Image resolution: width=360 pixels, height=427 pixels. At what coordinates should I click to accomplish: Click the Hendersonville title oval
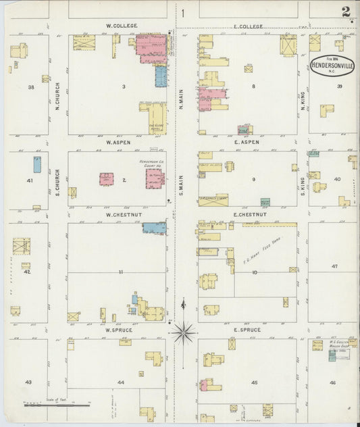pos(331,66)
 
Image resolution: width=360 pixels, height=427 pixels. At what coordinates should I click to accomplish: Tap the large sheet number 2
pos(346,11)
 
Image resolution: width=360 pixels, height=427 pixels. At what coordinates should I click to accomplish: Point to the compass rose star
pos(183,332)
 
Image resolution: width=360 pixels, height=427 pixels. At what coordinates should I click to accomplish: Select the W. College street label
pos(122,26)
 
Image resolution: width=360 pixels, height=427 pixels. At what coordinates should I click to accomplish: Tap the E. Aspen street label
pos(247,143)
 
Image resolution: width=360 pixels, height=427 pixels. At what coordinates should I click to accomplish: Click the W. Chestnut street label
pos(121,215)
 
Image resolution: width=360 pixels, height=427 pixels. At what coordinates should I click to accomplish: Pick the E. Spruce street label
pos(247,330)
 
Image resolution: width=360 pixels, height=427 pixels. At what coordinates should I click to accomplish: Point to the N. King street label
pos(303,101)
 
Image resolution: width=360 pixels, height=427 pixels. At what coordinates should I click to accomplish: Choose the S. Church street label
pos(58,177)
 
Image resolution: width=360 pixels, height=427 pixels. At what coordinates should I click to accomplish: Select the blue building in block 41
pos(37,164)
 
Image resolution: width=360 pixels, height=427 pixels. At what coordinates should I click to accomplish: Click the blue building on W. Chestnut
pos(154,228)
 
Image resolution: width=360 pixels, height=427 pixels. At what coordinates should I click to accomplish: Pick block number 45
pos(254,382)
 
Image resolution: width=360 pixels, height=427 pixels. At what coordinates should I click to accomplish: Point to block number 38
pos(30,87)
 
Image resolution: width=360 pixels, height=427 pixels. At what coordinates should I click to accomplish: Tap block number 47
pos(334,267)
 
